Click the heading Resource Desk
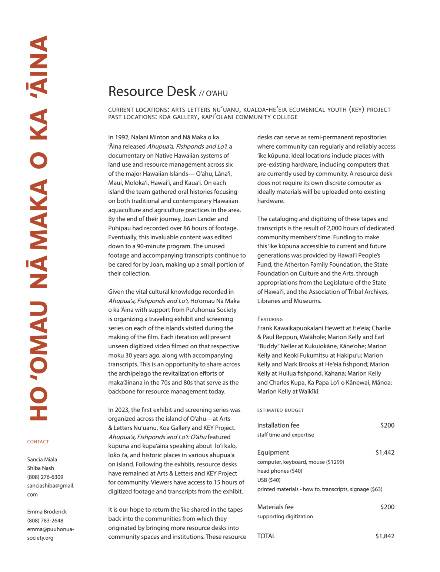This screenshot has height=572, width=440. [152, 91]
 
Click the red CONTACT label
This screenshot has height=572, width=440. [38, 442]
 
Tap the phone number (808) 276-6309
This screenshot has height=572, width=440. [45, 477]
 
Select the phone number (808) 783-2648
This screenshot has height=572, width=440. [45, 521]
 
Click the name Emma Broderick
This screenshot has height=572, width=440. [47, 512]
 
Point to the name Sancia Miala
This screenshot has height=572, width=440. [42, 459]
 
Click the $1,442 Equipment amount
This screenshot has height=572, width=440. [385, 452]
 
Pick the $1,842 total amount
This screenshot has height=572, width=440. [385, 536]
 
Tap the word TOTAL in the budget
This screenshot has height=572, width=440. [266, 536]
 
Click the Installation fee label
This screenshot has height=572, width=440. [278, 425]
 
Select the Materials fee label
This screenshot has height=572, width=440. [275, 507]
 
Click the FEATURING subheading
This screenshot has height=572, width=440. [270, 319]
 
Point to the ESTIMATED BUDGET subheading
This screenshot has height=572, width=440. [280, 410]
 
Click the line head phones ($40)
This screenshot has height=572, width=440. [280, 471]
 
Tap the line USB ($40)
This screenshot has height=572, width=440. [269, 480]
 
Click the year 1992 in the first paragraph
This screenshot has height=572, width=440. [121, 137]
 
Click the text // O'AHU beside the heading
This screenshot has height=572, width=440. [213, 93]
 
